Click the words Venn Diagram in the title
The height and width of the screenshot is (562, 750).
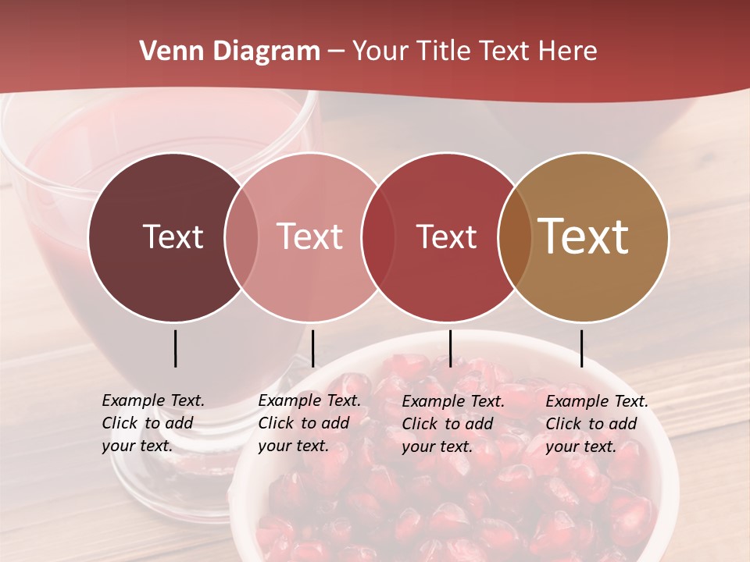229,52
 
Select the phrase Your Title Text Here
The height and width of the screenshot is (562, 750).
474,52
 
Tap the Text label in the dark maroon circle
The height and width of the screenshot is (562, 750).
173,237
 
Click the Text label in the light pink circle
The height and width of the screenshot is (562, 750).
309,237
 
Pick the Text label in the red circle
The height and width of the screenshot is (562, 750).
446,237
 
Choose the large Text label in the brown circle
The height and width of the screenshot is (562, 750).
584,237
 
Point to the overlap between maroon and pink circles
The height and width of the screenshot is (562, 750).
241,237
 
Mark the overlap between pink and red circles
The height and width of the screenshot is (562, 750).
378,237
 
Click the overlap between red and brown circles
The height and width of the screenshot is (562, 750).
514,237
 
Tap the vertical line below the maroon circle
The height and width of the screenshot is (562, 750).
175,348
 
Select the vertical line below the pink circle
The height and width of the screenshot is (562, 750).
312,348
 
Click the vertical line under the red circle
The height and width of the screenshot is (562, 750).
450,348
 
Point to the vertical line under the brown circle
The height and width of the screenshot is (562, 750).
581,348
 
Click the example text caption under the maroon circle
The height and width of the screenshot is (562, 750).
152,423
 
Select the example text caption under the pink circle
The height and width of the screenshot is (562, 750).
309,423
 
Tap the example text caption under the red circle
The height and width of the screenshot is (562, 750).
452,424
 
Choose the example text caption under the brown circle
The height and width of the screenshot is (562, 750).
596,424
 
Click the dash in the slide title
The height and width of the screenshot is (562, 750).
336,52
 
